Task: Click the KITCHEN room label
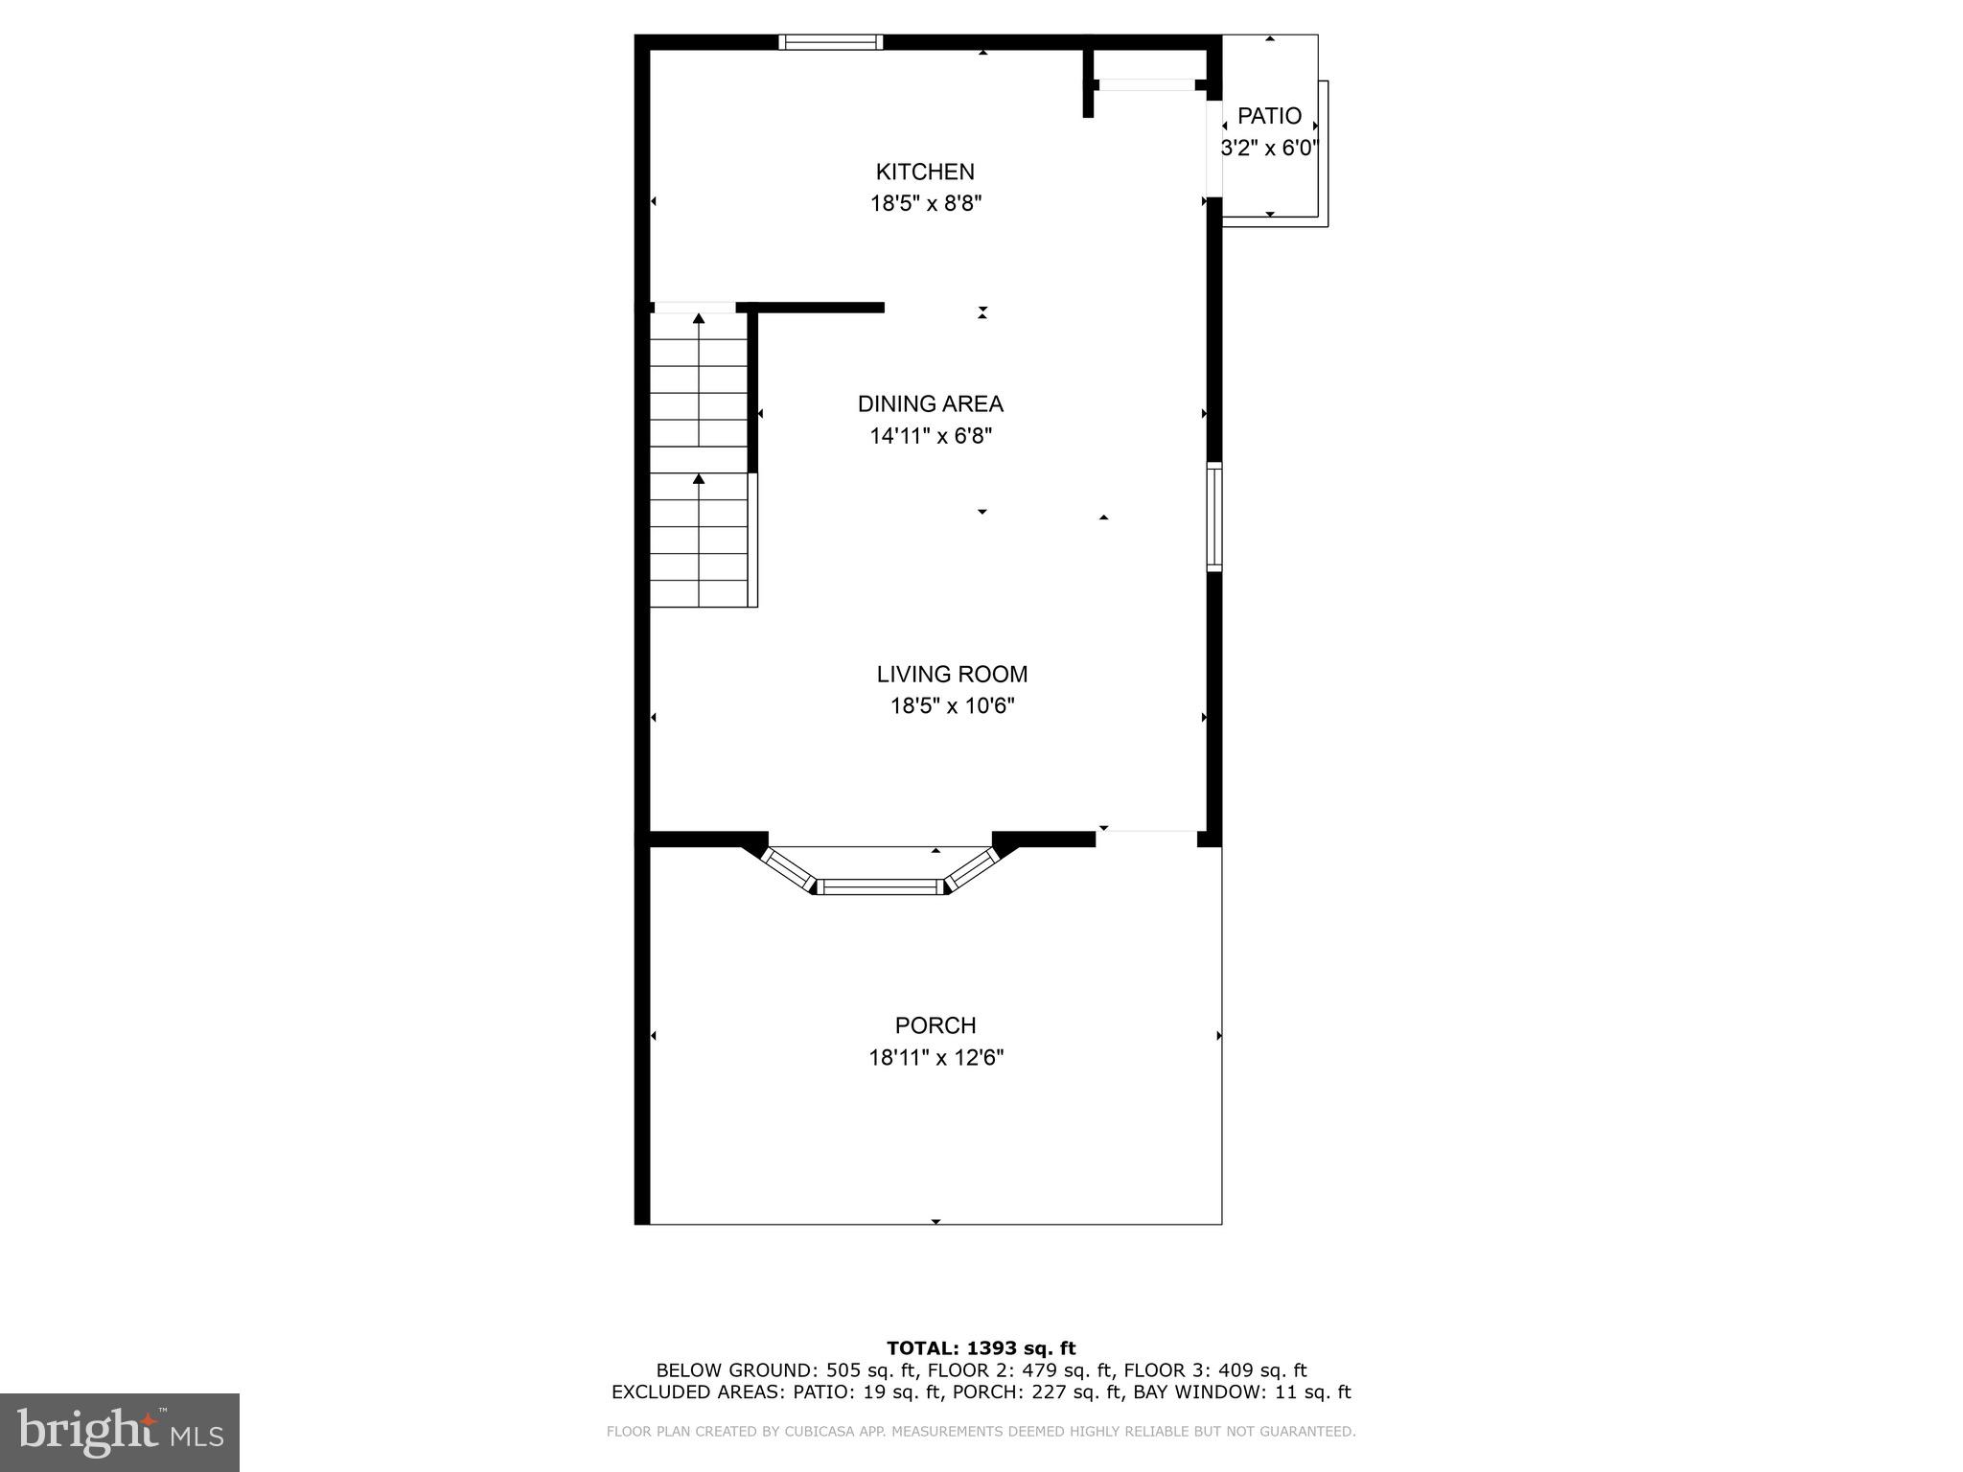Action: coord(925,172)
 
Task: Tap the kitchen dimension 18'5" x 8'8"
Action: coord(926,203)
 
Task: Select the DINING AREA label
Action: coord(930,403)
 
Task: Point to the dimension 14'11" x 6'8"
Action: coord(930,436)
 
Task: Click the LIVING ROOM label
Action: coord(952,674)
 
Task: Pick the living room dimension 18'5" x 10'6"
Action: coord(952,706)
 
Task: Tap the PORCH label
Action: coord(935,1025)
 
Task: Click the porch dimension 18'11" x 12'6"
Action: coord(935,1058)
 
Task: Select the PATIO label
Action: coord(1269,116)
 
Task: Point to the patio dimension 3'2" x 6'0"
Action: coord(1269,149)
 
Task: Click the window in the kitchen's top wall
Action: coord(830,41)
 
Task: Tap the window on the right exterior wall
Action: coord(1213,517)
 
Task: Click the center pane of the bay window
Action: coord(880,887)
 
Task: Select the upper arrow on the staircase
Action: coord(699,319)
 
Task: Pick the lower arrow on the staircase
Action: coord(699,479)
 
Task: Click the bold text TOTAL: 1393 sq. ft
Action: coord(981,1348)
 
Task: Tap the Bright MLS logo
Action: coord(120,1432)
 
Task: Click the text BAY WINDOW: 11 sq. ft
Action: coord(1241,1392)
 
